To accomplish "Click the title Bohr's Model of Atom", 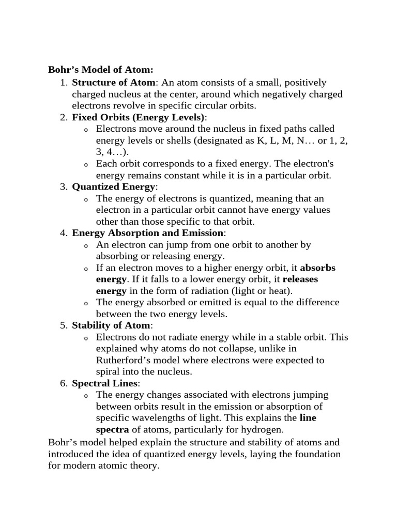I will click(x=101, y=70).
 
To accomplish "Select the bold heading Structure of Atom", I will click(x=113, y=83).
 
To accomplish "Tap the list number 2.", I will click(x=63, y=117).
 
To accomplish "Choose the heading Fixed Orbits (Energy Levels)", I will click(x=139, y=117).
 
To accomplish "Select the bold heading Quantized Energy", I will click(x=113, y=187).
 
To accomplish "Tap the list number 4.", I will click(x=63, y=234).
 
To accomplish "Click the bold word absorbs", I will click(x=317, y=268).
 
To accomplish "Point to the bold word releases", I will click(x=300, y=279).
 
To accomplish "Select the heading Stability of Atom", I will click(x=111, y=326).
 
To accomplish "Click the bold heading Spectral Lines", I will click(x=105, y=384).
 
